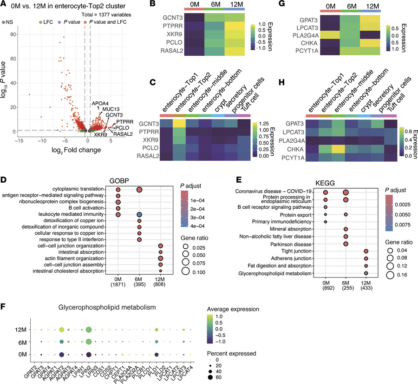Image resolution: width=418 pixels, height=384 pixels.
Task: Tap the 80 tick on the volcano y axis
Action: pos(16,34)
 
